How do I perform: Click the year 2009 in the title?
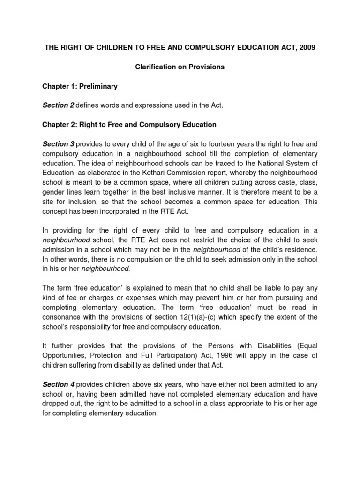click(307, 48)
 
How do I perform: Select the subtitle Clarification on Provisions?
click(180, 67)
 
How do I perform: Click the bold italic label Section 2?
click(58, 105)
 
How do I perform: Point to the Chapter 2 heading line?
click(129, 125)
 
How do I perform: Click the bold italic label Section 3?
click(58, 144)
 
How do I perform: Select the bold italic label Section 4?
click(58, 384)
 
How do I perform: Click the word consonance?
click(62, 317)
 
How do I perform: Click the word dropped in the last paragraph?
click(56, 404)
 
